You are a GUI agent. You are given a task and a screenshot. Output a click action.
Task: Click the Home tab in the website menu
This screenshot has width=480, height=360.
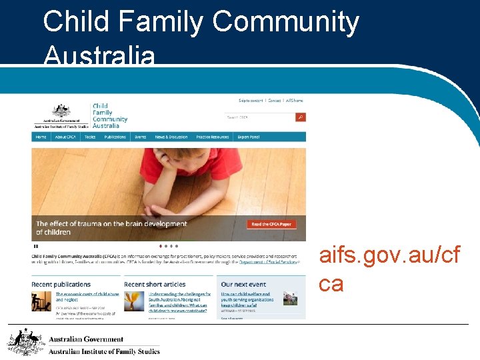coord(41,137)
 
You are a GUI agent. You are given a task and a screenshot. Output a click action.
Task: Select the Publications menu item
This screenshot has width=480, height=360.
coord(115,137)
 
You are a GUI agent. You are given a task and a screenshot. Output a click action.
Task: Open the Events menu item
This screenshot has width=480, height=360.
coord(140,137)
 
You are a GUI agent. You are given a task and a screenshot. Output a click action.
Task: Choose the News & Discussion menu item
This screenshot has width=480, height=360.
coord(171,137)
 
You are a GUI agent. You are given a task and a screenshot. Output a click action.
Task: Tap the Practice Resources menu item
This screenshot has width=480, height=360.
coord(212,137)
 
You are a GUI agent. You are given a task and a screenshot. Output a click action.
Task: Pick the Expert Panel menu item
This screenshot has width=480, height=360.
coord(249,137)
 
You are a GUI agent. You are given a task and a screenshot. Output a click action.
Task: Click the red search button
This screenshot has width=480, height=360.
coord(301,117)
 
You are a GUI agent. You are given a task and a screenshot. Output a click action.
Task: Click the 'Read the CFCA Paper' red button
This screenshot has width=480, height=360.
coord(271,224)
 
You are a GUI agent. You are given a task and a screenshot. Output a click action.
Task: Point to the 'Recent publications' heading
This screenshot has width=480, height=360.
coord(61,285)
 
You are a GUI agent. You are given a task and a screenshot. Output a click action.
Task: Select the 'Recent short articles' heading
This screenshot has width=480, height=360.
coord(155,285)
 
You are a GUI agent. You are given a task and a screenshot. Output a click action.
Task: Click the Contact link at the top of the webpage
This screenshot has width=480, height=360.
coord(274,101)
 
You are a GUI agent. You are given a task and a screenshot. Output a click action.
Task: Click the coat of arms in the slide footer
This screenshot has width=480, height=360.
coord(22,342)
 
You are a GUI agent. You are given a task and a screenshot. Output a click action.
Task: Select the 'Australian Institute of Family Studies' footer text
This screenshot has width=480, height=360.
coord(104,351)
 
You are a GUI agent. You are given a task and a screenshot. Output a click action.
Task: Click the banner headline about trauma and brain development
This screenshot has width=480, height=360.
coord(111,228)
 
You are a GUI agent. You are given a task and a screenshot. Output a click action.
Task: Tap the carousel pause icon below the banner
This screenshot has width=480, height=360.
coord(36,246)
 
